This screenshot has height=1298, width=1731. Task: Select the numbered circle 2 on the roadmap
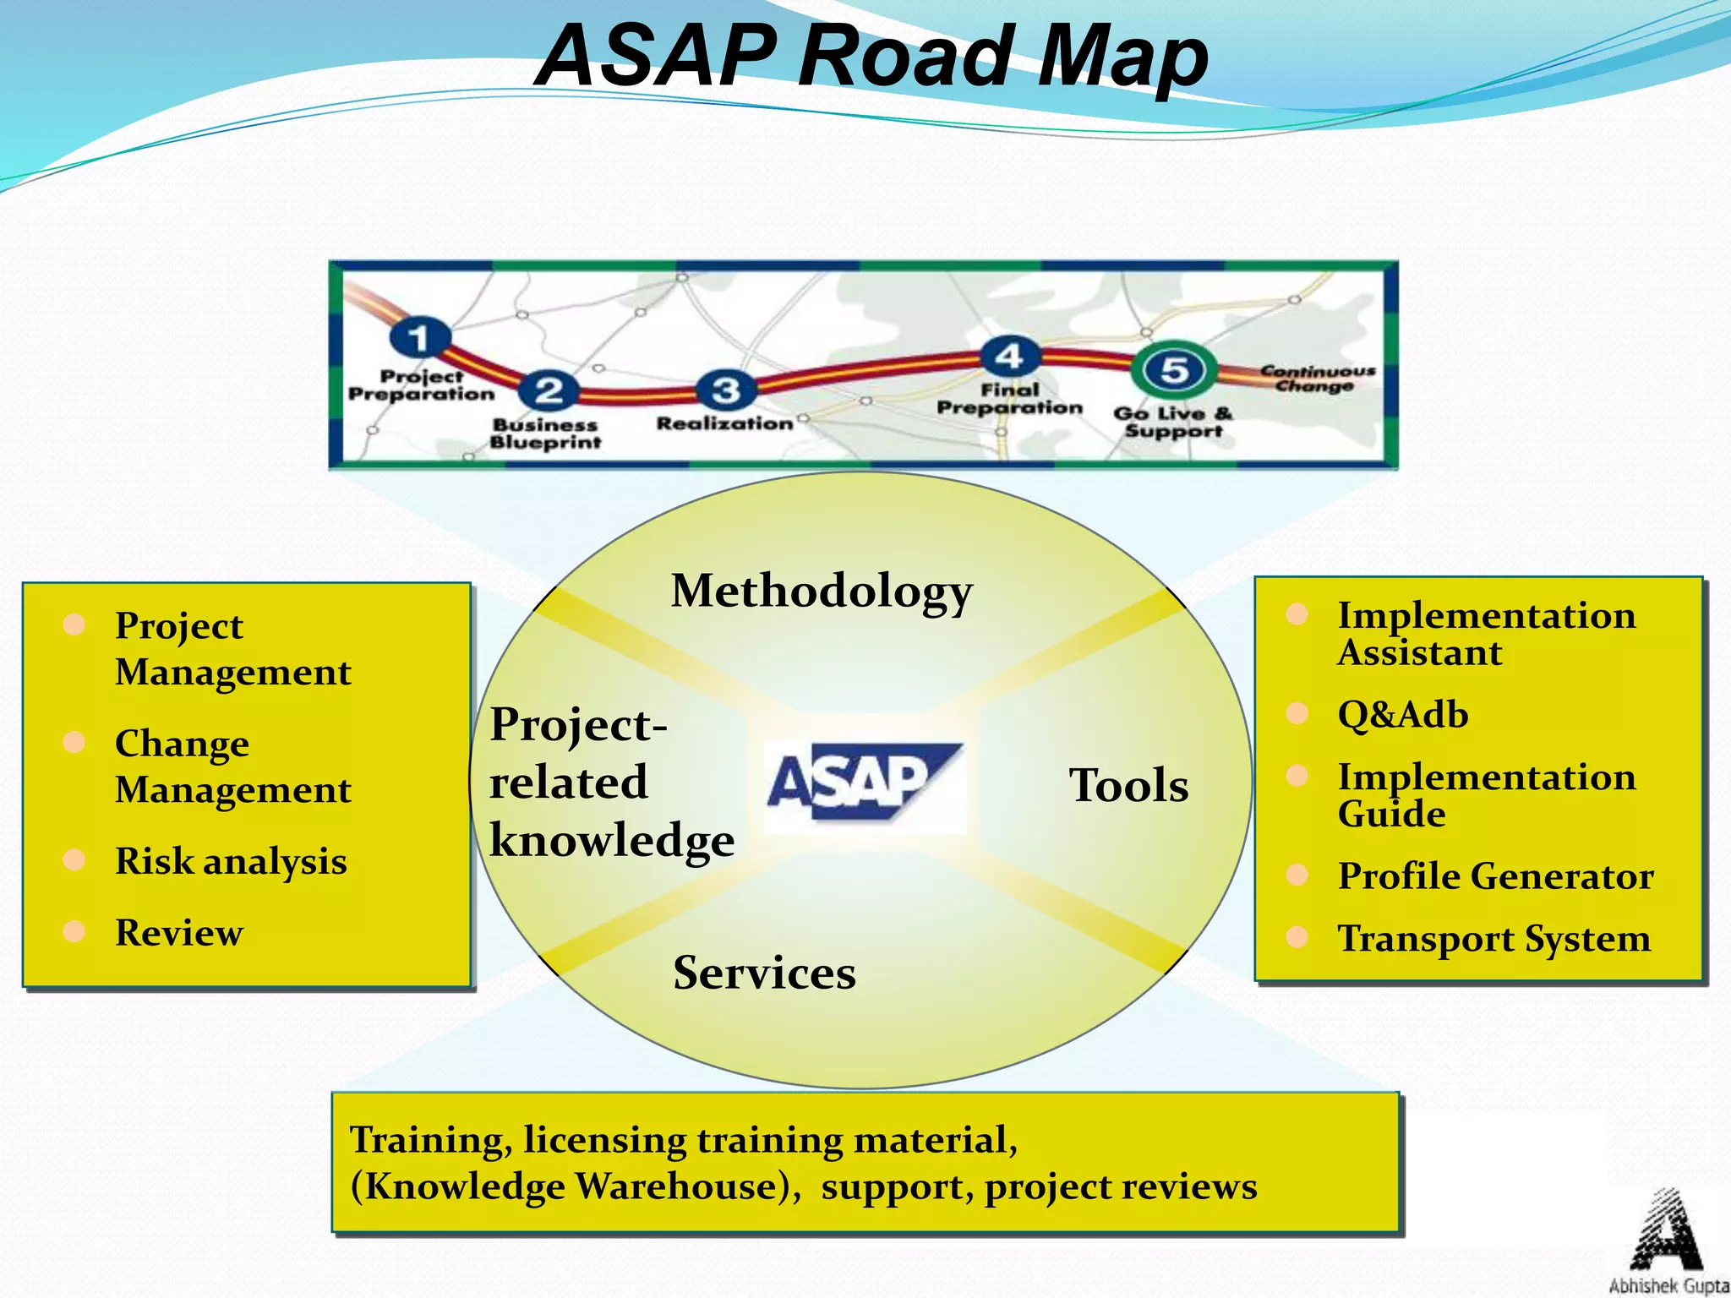[549, 390]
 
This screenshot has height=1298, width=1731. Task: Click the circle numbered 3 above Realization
[726, 390]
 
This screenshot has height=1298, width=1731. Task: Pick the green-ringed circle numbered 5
[1175, 370]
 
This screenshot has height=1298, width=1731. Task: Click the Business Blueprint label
[545, 434]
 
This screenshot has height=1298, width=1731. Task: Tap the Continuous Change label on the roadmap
[1317, 378]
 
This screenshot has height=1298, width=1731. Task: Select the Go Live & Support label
[1173, 422]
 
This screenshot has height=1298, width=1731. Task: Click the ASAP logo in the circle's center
[864, 783]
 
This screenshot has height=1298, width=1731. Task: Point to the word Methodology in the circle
[822, 591]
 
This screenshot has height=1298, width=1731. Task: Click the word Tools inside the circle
[1128, 785]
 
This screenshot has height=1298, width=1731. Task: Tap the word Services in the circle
[764, 973]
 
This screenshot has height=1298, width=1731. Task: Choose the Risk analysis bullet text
[231, 861]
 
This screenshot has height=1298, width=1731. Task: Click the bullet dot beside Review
[74, 931]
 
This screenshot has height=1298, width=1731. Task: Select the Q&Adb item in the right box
[1402, 715]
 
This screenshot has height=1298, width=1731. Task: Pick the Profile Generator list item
[1495, 876]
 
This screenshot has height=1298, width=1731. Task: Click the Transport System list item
[1493, 939]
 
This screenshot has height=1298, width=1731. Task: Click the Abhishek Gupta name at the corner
[1668, 1285]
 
